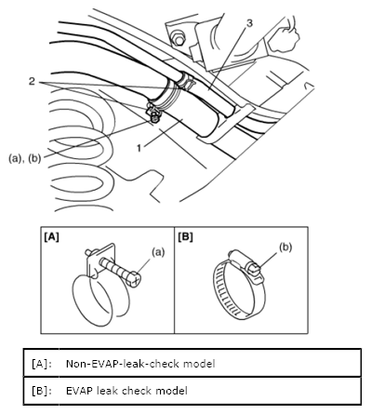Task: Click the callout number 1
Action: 139,148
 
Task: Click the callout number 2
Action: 32,82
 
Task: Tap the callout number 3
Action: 249,23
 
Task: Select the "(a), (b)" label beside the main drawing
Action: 25,158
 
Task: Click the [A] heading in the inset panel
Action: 51,237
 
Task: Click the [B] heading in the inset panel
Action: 185,237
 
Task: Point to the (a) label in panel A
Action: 158,252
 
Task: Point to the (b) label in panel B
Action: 285,247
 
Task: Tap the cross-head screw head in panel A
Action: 135,279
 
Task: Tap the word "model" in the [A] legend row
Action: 199,364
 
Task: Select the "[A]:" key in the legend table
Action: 42,364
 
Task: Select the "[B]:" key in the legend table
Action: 42,391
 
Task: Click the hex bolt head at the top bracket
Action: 177,39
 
